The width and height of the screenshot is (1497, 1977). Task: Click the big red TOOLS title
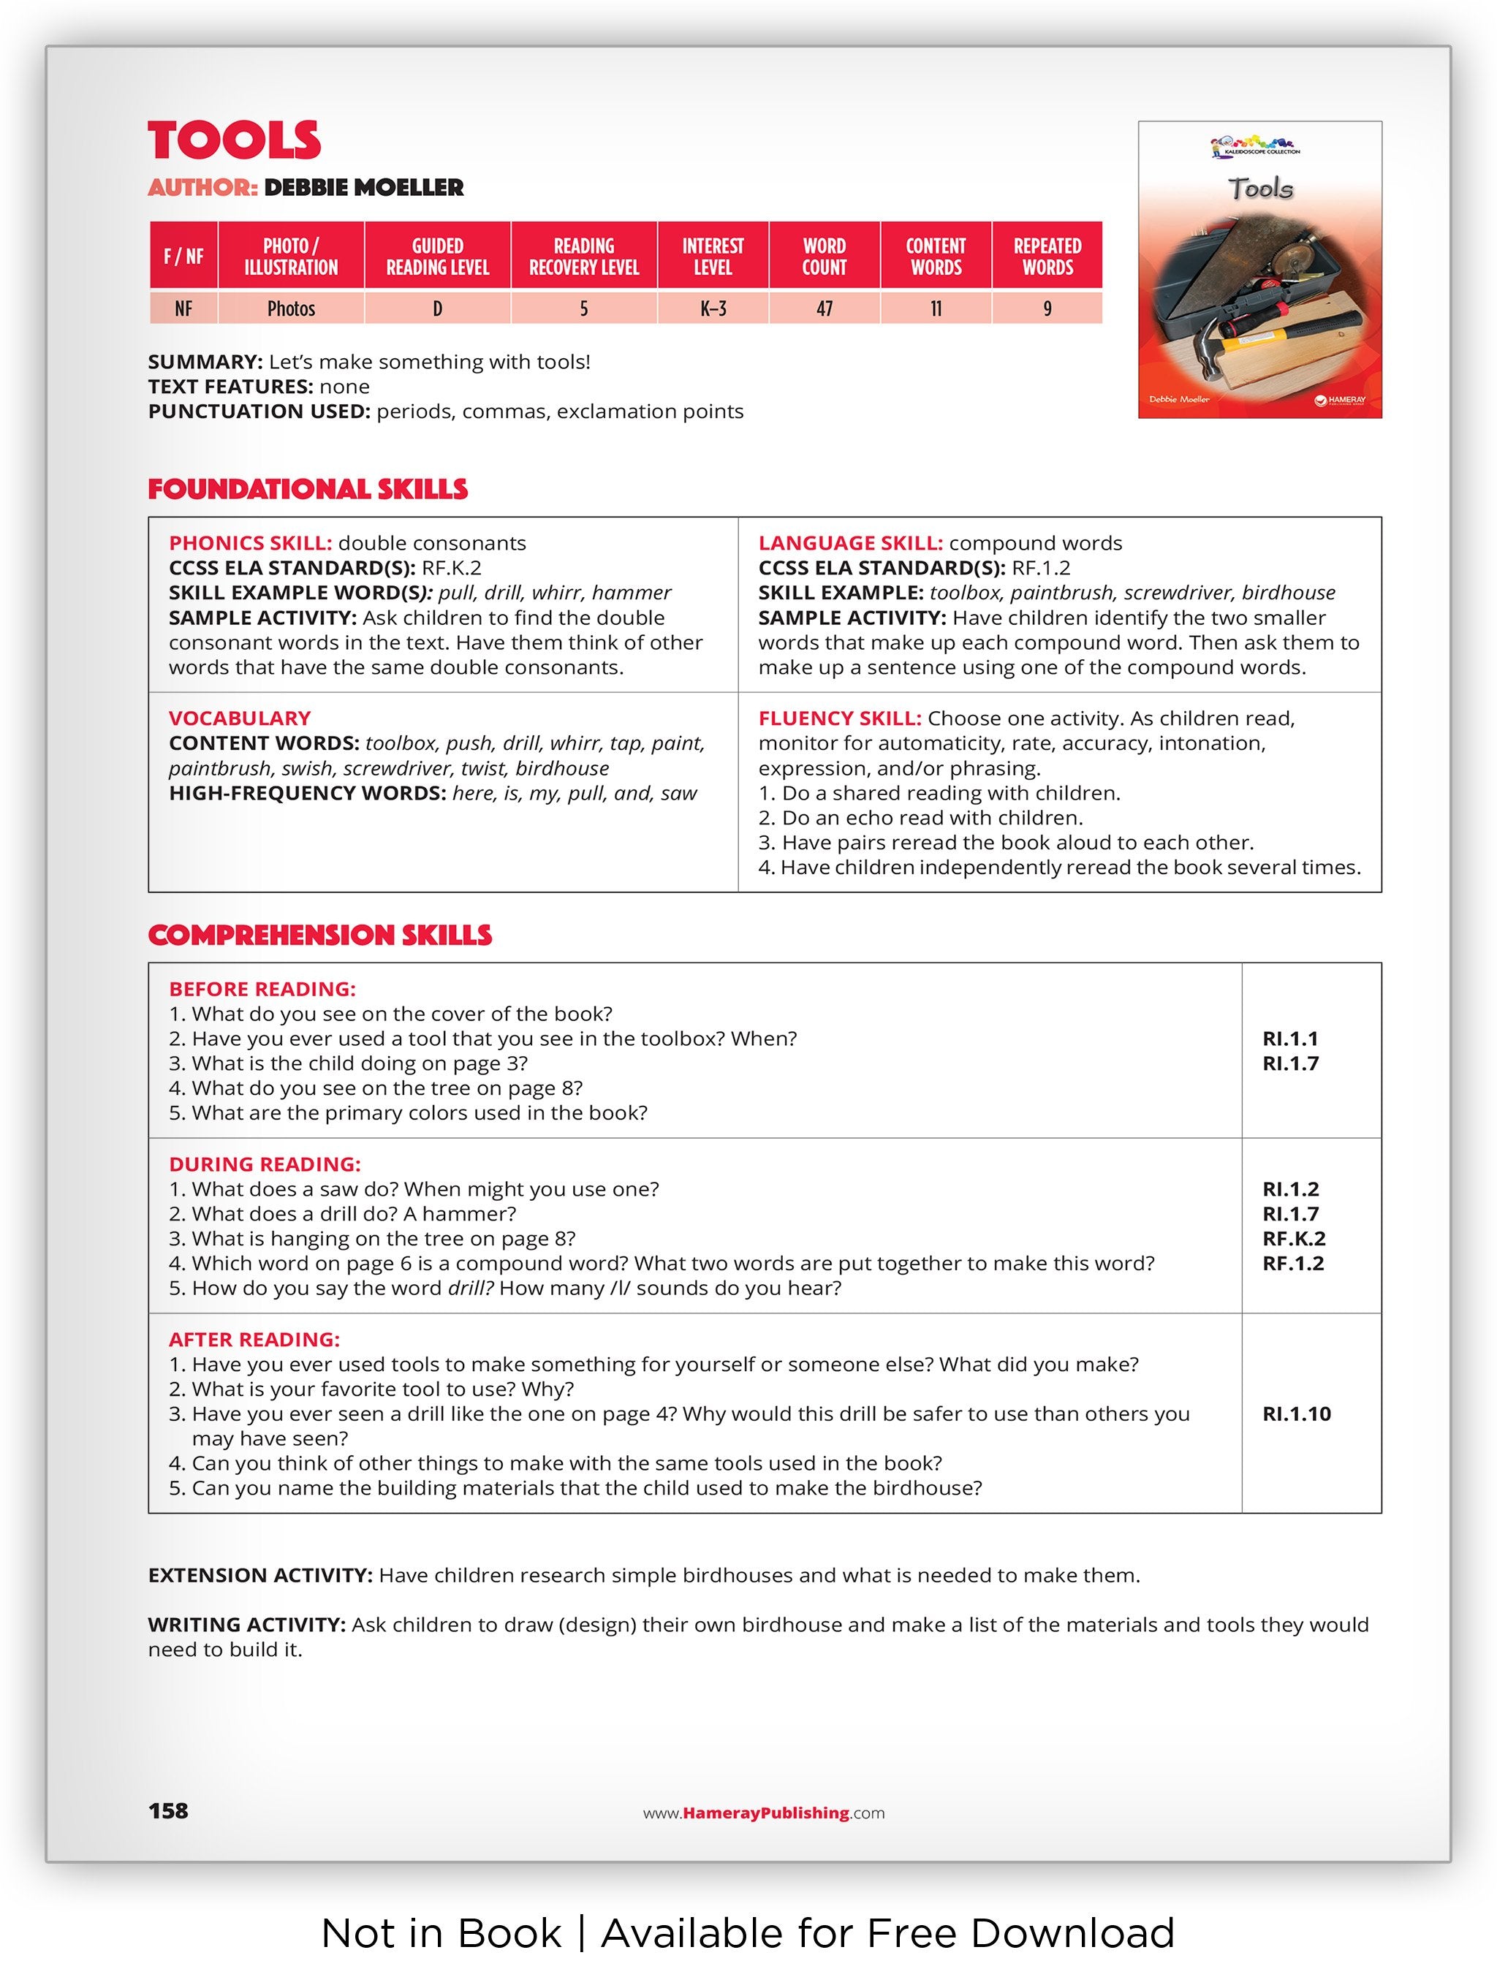pos(234,140)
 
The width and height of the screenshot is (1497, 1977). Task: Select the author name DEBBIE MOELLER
pos(364,188)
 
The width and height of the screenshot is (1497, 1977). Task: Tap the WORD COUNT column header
pos(823,257)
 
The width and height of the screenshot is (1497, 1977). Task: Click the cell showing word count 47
pos(823,308)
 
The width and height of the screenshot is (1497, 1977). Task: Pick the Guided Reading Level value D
pos(437,308)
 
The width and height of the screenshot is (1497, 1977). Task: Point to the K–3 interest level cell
pos(712,308)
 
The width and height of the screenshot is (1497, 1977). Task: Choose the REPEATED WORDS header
pos(1047,257)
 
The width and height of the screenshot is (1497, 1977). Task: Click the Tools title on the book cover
pos(1260,189)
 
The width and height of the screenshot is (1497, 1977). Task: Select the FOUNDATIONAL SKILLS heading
pos(308,489)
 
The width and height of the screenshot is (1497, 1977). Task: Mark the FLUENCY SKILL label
pos(839,718)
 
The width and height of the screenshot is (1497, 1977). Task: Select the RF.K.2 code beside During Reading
pos(1293,1239)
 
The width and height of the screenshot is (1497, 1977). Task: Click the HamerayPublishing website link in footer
pos(764,1813)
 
